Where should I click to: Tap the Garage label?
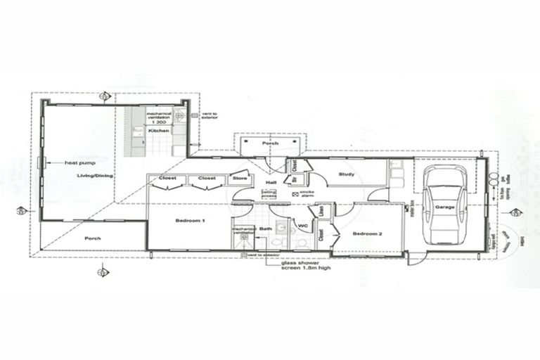tap(445, 208)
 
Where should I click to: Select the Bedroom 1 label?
tap(190, 221)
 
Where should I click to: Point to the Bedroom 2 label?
tap(367, 233)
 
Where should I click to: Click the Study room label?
tap(346, 174)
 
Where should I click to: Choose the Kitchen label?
tap(157, 131)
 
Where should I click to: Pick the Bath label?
tap(265, 229)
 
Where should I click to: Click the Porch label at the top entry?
tap(270, 143)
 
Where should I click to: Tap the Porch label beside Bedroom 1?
tap(92, 238)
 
